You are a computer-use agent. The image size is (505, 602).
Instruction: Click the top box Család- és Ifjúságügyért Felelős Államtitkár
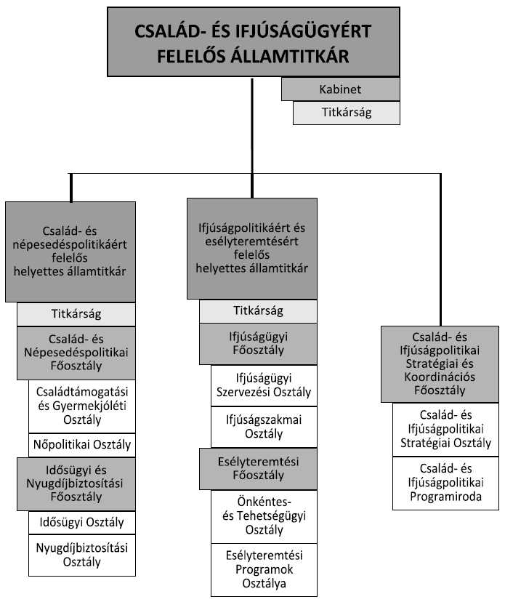point(253,42)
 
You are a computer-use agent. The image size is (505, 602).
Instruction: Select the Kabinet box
point(341,89)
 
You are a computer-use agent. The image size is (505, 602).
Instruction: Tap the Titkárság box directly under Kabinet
point(346,113)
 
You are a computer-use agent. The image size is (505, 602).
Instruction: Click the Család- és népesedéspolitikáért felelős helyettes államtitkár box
point(70,252)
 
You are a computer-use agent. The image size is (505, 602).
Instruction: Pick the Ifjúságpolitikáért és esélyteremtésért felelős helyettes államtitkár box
point(251,248)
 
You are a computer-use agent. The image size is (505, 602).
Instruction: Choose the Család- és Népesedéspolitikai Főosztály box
point(76,353)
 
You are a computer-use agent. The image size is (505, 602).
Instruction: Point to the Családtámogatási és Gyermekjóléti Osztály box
point(81,406)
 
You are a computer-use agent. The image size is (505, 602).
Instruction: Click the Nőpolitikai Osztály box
point(81,444)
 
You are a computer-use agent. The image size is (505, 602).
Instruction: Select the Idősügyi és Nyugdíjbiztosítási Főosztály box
point(76,483)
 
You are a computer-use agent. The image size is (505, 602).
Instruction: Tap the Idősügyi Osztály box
point(81,522)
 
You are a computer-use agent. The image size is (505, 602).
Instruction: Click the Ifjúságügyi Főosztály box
point(258,343)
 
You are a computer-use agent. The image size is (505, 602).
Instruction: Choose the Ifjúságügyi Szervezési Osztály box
point(264,385)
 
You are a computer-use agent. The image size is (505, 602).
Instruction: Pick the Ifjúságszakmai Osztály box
point(264,426)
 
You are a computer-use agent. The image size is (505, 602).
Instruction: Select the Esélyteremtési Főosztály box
point(258,469)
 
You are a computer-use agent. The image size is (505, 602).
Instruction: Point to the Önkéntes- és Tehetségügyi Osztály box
point(264,516)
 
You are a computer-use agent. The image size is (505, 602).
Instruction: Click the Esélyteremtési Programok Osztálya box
point(264,569)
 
